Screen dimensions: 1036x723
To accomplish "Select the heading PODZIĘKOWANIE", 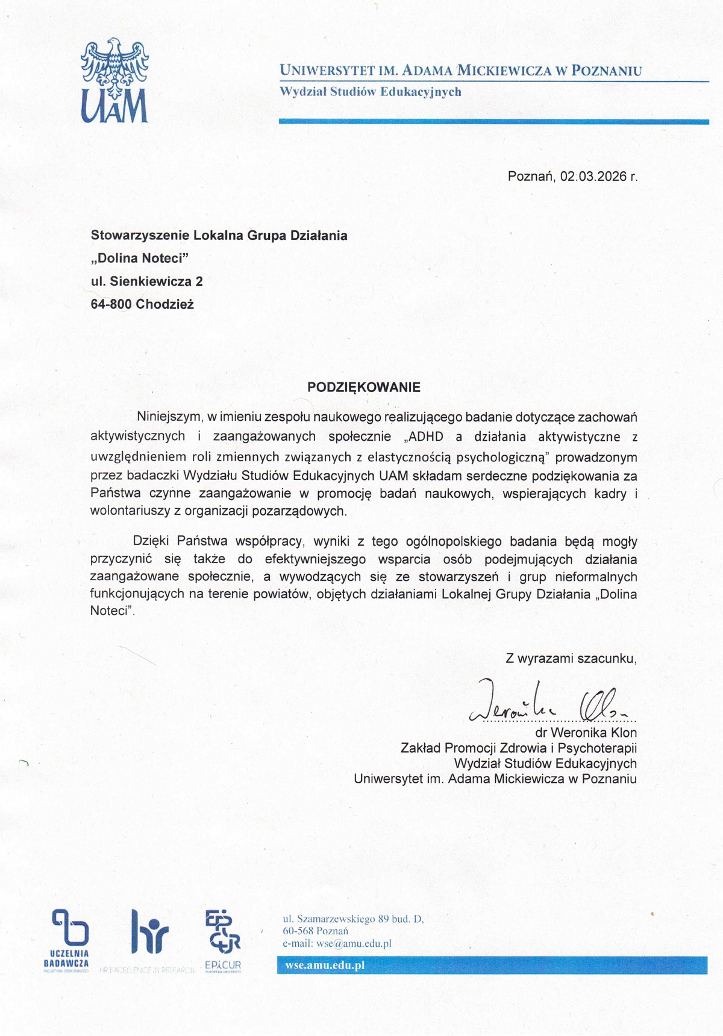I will (x=363, y=387).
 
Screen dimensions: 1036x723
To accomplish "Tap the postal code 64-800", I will (x=111, y=305).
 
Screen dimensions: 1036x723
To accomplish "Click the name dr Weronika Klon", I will (x=586, y=733).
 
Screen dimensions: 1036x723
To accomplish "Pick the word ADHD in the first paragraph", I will (x=426, y=437).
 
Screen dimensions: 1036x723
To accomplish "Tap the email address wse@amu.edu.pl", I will (x=354, y=944).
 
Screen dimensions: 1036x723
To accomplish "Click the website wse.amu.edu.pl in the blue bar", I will (x=325, y=965).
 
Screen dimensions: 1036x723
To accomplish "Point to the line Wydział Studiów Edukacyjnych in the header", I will (x=370, y=92).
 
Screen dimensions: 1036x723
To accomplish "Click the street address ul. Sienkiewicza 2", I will (x=146, y=282).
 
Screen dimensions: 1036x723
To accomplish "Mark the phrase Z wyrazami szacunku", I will (x=571, y=659).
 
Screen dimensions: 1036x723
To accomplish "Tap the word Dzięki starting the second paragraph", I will (x=151, y=541).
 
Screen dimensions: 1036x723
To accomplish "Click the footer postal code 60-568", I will (x=298, y=931).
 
